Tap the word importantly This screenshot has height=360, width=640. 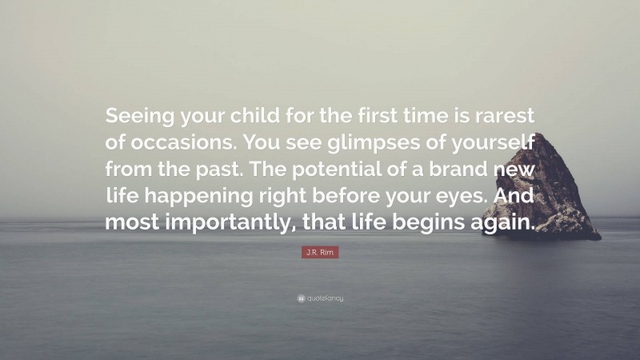230,223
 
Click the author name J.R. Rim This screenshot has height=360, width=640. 320,254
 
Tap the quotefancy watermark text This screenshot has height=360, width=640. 324,298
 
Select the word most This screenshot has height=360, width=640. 134,223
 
